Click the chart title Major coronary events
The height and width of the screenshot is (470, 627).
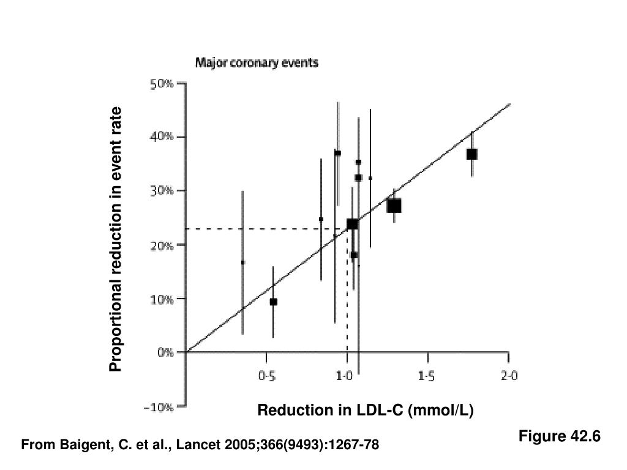257,62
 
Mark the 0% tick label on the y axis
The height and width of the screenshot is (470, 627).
165,353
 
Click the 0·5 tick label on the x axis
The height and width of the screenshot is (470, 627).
266,377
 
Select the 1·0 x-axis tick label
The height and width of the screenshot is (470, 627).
346,377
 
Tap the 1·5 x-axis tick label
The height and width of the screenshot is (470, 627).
427,377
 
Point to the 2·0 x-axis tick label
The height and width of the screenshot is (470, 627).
509,377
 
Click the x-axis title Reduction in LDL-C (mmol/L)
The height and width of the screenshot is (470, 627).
366,410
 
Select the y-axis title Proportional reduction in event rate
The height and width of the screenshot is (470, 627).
116,239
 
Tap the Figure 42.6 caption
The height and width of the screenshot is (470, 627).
560,436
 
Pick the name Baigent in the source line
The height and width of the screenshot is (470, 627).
80,446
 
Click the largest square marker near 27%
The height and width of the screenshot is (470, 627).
394,206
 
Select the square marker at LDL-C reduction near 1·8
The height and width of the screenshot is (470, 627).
471,154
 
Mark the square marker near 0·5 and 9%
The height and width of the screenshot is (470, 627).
273,302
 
